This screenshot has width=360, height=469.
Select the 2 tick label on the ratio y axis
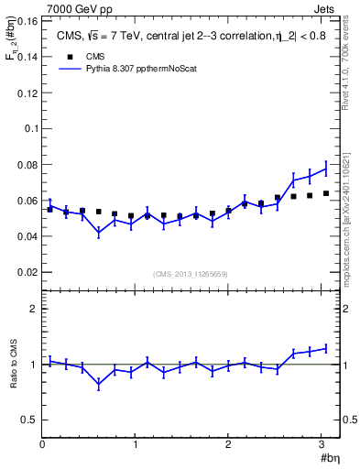[x=34, y=309]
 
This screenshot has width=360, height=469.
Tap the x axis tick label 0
[x=42, y=446]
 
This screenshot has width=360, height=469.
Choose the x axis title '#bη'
[x=331, y=459]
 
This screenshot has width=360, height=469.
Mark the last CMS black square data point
[x=326, y=193]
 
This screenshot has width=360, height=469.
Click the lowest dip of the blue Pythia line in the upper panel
[x=99, y=233]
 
